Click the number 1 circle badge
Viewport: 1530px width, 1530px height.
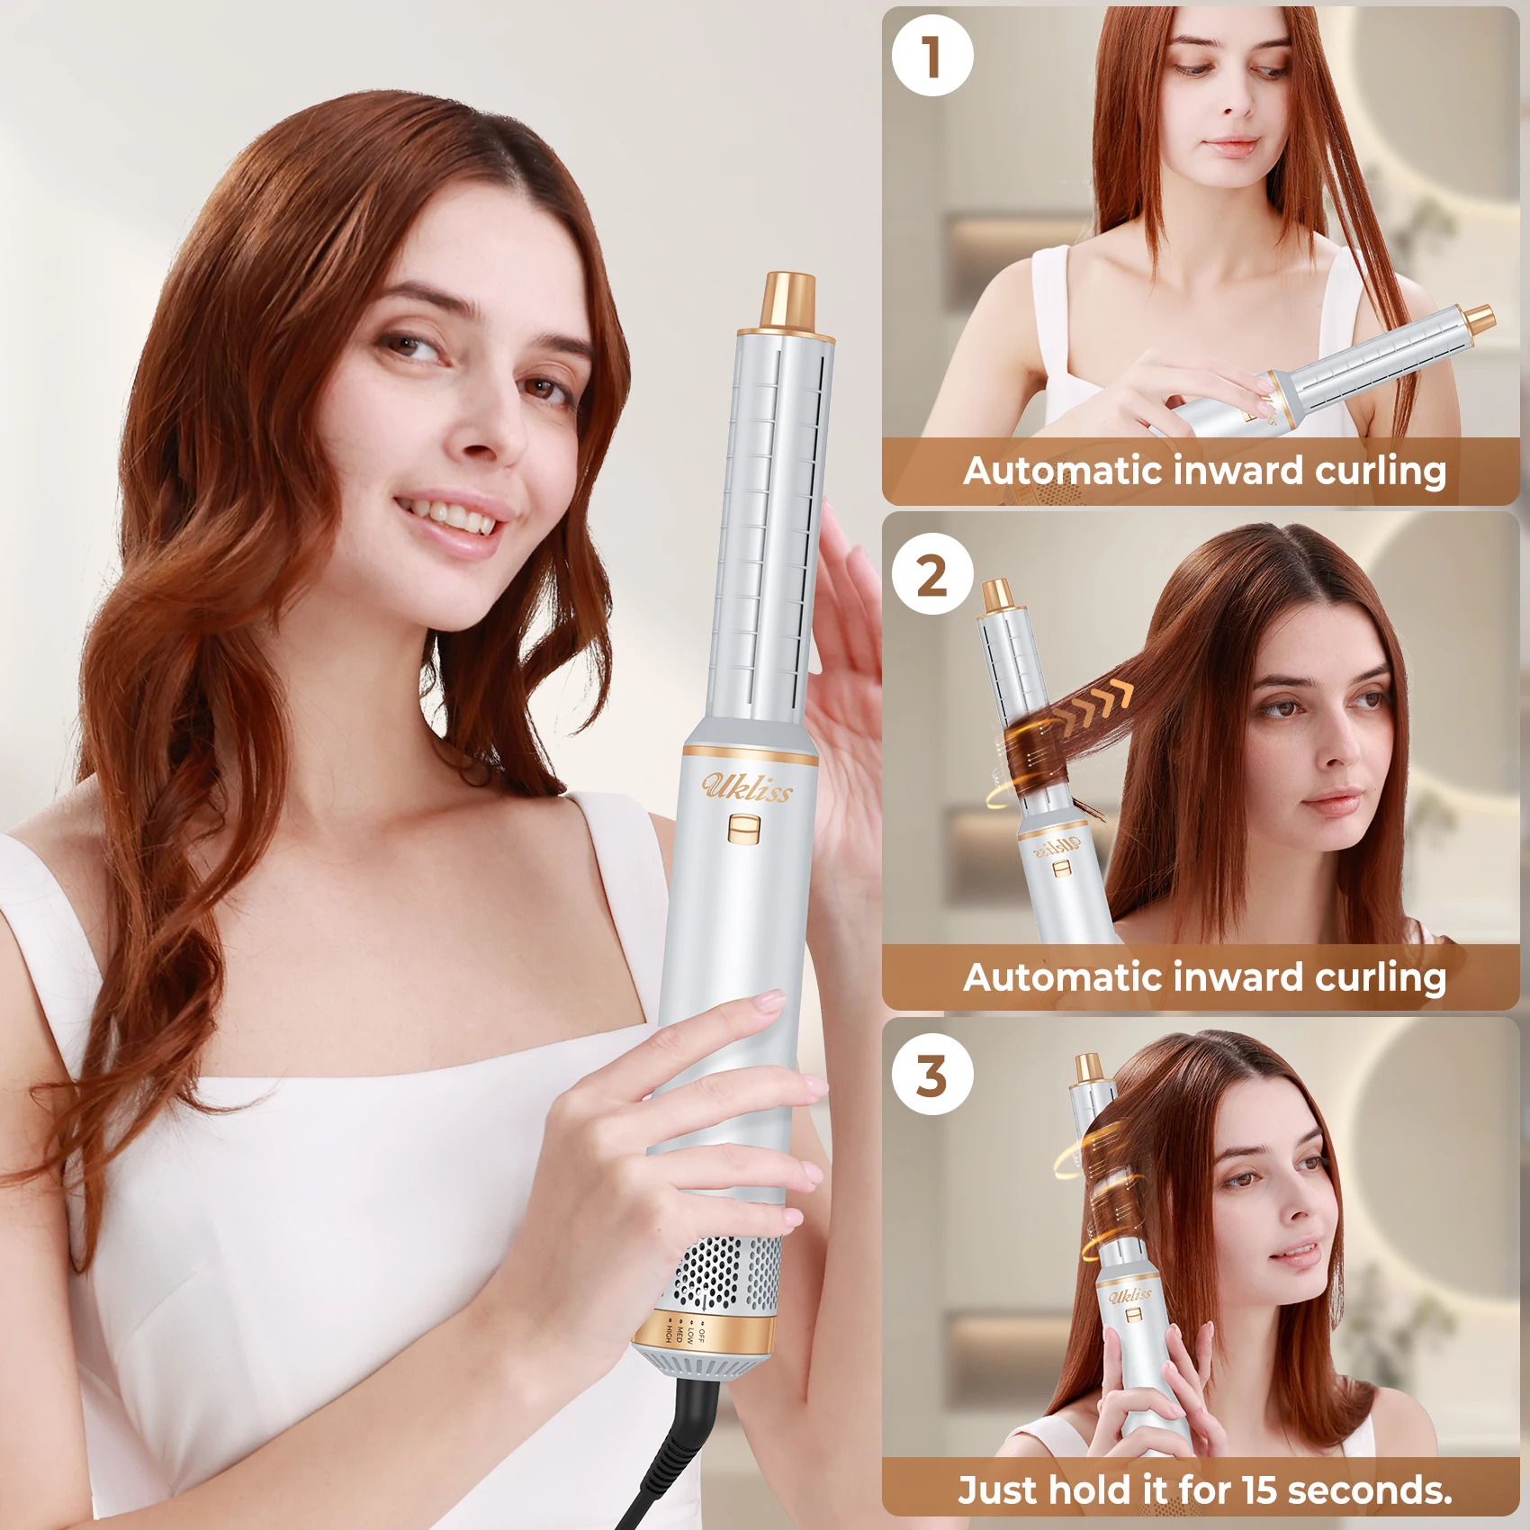tap(932, 56)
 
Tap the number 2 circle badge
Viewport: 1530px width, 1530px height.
tap(932, 574)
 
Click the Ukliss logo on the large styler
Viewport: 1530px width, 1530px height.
tap(747, 787)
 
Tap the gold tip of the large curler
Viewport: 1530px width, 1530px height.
tap(789, 301)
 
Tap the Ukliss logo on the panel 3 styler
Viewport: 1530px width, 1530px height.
tap(1129, 1295)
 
